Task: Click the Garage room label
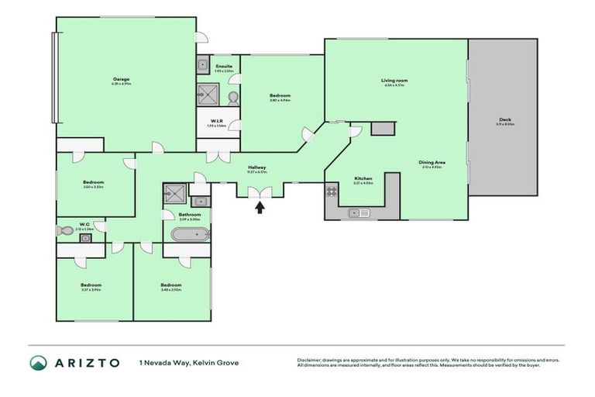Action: click(x=121, y=79)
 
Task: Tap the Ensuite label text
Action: click(x=225, y=67)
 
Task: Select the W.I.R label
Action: click(x=218, y=121)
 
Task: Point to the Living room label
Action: click(x=394, y=80)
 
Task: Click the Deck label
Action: click(x=504, y=120)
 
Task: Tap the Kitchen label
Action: click(x=363, y=178)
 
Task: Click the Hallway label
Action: click(x=257, y=167)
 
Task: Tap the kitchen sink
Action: click(x=359, y=212)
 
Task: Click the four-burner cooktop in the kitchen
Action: click(x=331, y=190)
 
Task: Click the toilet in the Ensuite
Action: click(x=232, y=97)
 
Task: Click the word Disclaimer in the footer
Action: click(x=309, y=360)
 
